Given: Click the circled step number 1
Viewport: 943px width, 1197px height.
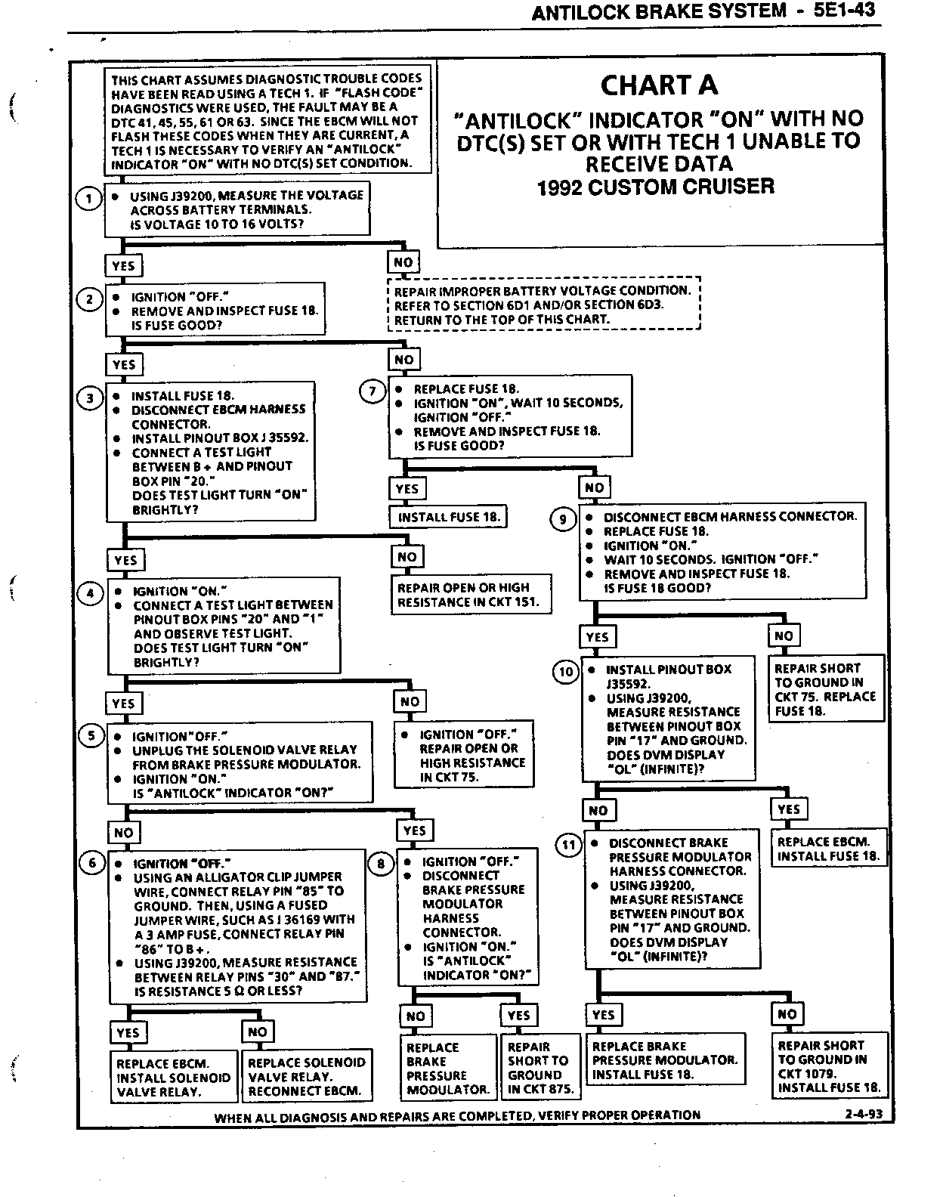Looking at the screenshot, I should pos(89,199).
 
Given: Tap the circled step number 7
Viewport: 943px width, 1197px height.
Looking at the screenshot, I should pos(372,391).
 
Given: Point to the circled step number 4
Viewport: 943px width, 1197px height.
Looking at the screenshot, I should pos(91,593).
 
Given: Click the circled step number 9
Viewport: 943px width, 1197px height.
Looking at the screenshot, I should pos(562,519).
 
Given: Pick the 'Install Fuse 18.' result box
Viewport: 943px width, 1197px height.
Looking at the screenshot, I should pos(448,518).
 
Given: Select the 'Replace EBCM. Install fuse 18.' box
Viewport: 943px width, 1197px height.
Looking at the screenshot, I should pos(828,849).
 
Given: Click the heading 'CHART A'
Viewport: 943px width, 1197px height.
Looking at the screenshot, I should pos(659,85).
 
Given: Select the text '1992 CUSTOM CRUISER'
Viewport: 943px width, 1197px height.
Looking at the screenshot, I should pos(655,187).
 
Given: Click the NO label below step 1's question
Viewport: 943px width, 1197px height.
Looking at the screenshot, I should pos(403,262).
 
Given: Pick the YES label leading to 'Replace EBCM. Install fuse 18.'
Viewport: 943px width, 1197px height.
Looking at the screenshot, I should pos(788,809).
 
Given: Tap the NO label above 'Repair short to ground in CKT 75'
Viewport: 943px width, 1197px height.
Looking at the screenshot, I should pos(784,636).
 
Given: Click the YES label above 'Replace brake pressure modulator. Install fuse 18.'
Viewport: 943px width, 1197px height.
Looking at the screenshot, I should pos(603,1015).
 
